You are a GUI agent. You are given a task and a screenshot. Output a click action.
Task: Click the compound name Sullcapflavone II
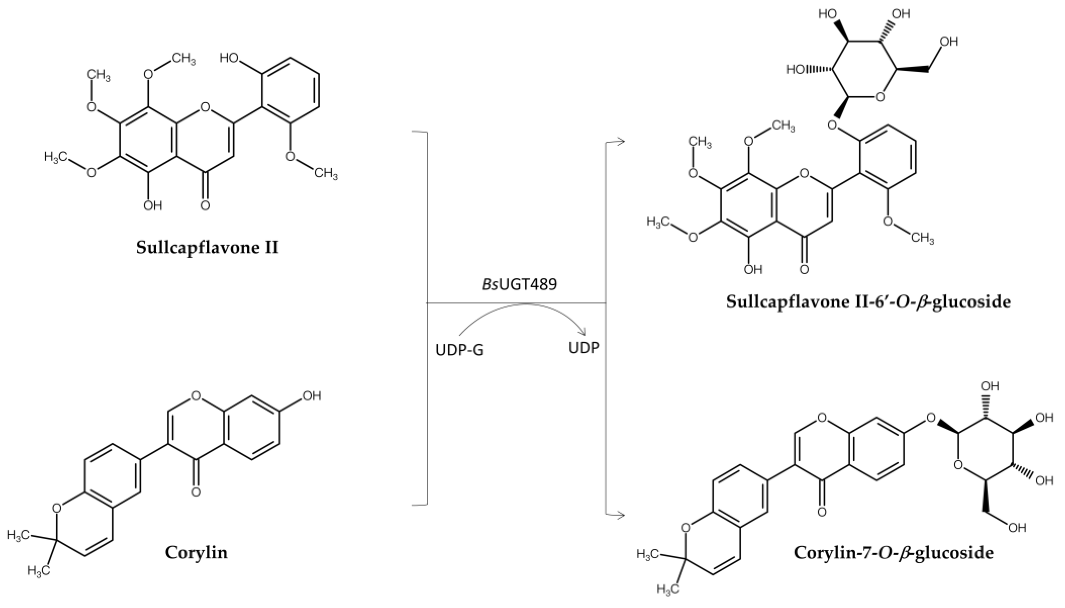207,247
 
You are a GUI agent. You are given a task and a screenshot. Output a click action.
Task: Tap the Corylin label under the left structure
196,552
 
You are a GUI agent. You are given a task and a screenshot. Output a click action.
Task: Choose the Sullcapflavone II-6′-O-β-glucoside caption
868,301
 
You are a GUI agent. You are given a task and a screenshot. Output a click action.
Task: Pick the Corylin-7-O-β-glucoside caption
893,552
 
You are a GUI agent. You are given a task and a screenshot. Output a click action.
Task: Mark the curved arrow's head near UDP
583,332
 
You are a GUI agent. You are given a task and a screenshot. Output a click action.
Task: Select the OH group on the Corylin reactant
311,395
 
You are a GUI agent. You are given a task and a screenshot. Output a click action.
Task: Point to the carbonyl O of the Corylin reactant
196,491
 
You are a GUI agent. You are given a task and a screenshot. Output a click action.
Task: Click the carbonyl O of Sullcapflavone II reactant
204,205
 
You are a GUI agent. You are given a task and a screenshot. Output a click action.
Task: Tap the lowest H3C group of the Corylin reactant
38,570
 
